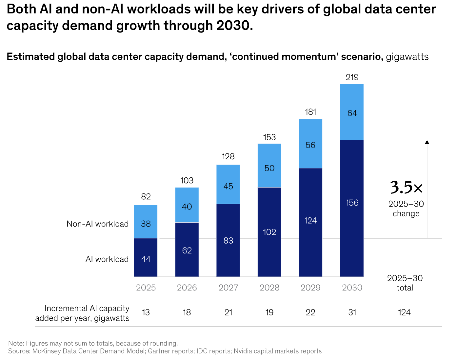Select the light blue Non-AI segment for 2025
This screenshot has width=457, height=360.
click(146, 222)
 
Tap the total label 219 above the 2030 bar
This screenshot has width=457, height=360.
click(352, 77)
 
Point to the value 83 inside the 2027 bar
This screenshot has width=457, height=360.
click(228, 241)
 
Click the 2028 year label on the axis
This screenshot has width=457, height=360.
click(269, 288)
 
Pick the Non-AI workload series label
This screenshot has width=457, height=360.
click(97, 224)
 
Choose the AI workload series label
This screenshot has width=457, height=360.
click(107, 259)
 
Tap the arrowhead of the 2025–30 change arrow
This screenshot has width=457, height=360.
click(427, 142)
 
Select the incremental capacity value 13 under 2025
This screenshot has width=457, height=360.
click(146, 312)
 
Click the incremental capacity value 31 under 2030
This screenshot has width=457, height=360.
click(352, 312)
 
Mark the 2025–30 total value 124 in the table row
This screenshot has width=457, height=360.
click(404, 312)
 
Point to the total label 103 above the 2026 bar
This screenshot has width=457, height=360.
click(187, 180)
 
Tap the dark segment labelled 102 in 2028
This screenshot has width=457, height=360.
click(269, 232)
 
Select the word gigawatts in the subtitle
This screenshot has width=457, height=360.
click(407, 57)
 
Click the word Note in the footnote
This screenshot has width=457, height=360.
click(16, 343)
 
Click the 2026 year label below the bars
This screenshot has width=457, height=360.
click(187, 288)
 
